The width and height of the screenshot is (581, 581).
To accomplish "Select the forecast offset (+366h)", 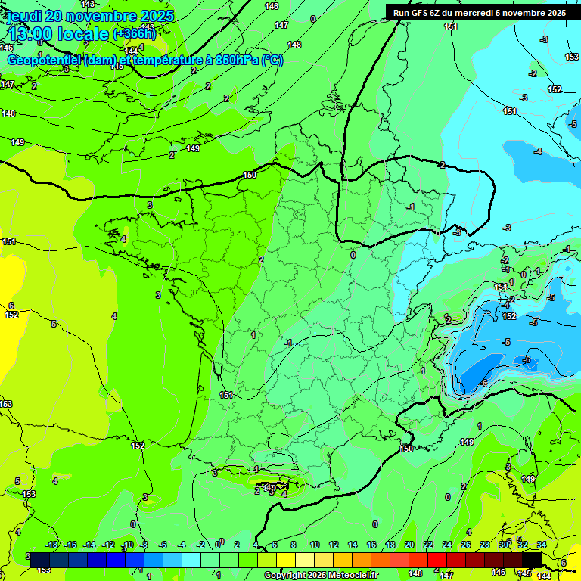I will (134, 34).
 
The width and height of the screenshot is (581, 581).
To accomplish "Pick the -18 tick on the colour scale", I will (51, 545).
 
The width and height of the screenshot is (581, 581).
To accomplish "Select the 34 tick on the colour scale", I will (542, 545).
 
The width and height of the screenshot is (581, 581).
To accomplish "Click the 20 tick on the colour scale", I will (409, 545).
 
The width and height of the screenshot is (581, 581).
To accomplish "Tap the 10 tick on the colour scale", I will (314, 545).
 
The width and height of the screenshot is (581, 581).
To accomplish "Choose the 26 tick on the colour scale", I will (466, 545).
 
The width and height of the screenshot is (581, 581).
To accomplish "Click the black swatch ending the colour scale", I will (531, 560).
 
